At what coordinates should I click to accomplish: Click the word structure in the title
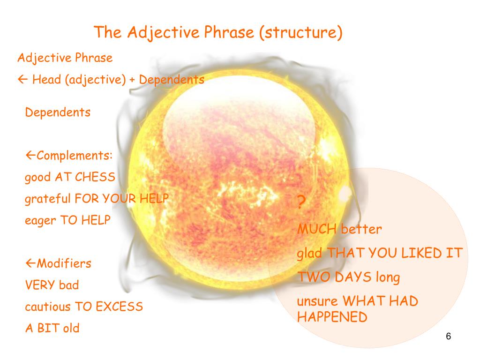[300, 33]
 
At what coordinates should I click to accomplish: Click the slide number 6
[449, 337]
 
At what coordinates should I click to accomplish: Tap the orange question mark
[302, 203]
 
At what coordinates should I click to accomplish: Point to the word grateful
[48, 199]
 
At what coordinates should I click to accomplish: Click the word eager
[40, 221]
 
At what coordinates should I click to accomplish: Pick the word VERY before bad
[40, 285]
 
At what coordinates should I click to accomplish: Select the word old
[72, 328]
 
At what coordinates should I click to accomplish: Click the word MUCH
[317, 230]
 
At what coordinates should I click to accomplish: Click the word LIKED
[415, 253]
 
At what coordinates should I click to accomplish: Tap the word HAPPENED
[332, 317]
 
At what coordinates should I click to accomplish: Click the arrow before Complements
[30, 156]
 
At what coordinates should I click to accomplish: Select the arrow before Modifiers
[30, 263]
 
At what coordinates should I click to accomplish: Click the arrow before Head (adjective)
[23, 80]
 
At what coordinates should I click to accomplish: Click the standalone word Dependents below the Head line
[58, 113]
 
